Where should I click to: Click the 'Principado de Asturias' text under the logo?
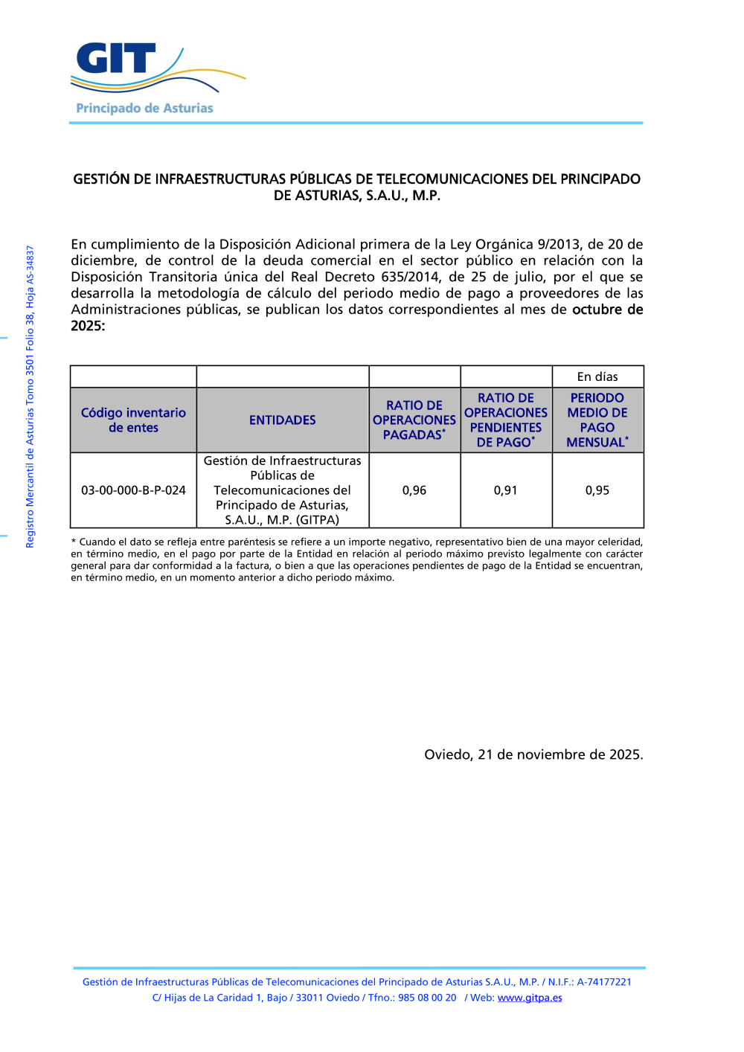pos(144,109)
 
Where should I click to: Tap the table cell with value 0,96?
pos(414,490)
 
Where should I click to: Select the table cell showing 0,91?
pos(506,490)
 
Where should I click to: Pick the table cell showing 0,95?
pos(597,490)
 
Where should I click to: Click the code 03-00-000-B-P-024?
pos(133,490)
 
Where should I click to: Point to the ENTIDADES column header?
pos(283,420)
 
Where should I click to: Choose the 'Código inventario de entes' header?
pos(133,420)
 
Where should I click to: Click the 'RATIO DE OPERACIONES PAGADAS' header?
pos(414,420)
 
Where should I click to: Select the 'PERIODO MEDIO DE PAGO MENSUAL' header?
pos(597,420)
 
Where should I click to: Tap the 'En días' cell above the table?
pos(597,377)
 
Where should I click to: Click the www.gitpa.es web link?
pos(530,998)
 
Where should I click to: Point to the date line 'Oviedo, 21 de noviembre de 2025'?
pos(533,754)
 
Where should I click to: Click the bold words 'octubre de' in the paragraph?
pos(607,309)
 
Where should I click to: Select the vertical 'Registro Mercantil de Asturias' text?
pos(31,397)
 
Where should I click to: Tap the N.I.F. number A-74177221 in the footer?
pos(604,982)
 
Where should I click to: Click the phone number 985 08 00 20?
pos(427,998)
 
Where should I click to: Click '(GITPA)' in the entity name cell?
pos(318,520)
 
